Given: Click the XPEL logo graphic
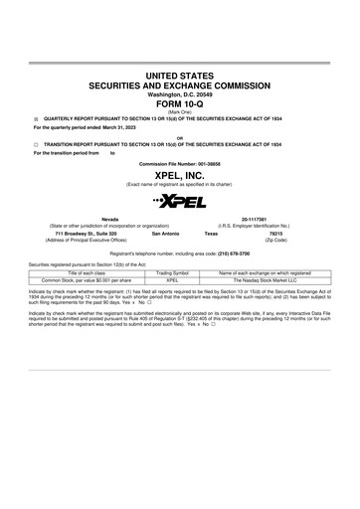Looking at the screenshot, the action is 179,202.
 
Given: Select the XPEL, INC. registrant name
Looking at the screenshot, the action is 179,175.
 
